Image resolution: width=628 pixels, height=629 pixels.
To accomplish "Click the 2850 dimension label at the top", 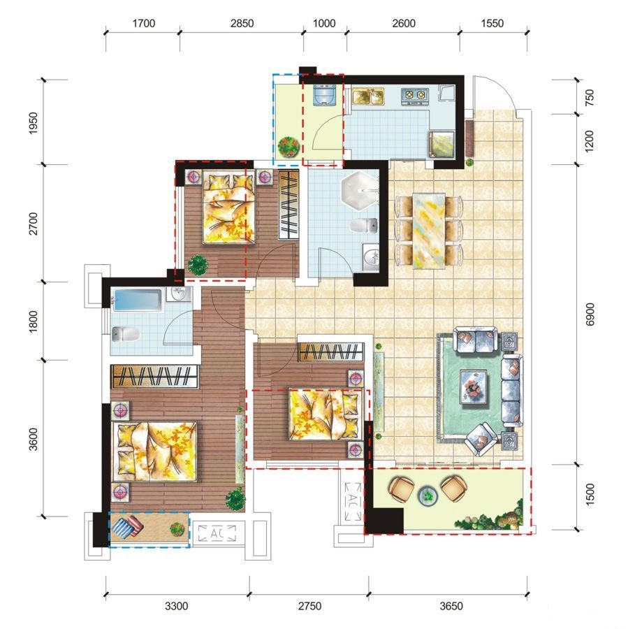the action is tap(242, 23).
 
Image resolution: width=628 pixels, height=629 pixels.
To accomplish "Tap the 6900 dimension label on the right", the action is tap(590, 314).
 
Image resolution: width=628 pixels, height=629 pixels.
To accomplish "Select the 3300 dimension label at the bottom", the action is tap(177, 606).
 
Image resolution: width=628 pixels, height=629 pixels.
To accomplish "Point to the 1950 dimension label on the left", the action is tap(34, 123).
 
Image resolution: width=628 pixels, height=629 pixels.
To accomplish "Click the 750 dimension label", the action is tap(590, 97).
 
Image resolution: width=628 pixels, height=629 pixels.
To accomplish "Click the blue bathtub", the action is tap(137, 300).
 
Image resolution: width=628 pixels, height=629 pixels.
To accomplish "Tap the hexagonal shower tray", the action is tap(360, 191).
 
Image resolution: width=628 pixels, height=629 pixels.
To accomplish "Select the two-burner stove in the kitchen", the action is tap(415, 96).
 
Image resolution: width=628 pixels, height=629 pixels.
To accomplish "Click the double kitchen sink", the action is tap(368, 96).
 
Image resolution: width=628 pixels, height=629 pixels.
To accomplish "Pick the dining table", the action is tap(429, 231).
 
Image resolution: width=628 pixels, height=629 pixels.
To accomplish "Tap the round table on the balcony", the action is tap(428, 496).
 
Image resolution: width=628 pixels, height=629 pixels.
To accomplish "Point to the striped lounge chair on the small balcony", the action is tap(127, 528).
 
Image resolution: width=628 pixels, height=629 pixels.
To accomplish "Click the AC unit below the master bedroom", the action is tap(217, 533).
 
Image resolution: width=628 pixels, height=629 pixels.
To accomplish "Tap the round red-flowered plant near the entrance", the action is tap(289, 147).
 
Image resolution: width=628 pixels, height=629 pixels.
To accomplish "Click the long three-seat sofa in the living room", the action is tap(512, 390).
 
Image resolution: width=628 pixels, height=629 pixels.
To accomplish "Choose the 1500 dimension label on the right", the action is tap(590, 494).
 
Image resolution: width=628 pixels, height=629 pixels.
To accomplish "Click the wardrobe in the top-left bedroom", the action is tap(289, 205).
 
